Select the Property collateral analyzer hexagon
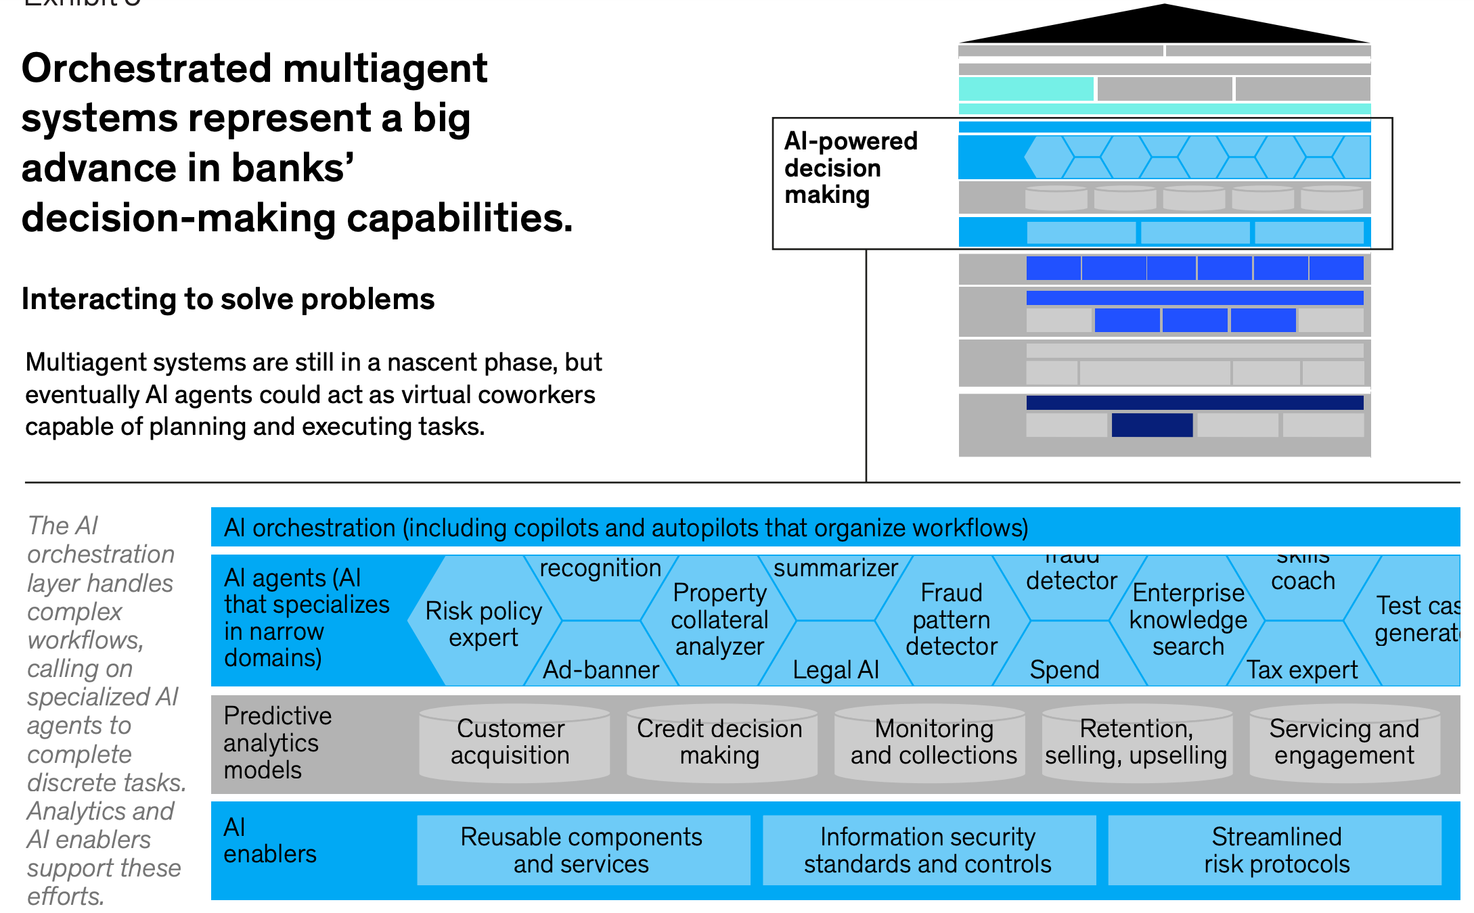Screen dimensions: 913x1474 click(719, 619)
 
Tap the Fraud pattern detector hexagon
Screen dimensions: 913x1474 click(952, 619)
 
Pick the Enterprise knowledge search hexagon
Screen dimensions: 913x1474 click(1188, 619)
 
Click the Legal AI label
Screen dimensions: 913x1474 click(836, 670)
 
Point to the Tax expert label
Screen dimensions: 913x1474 click(1301, 670)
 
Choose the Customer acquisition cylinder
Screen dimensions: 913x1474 click(511, 742)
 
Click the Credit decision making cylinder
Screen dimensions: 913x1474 click(719, 742)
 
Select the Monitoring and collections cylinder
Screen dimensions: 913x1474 click(933, 742)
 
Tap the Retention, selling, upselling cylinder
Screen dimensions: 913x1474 click(1136, 742)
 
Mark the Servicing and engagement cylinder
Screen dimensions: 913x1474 click(1344, 742)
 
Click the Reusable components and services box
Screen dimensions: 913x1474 click(582, 850)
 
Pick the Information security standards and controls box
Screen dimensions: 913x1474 click(928, 850)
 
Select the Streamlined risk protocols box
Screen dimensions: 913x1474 click(1276, 850)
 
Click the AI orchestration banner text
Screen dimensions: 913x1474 click(626, 528)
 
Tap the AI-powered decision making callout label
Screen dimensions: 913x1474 click(850, 168)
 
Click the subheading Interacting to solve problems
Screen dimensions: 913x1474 click(228, 299)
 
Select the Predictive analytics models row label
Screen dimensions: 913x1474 click(277, 743)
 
